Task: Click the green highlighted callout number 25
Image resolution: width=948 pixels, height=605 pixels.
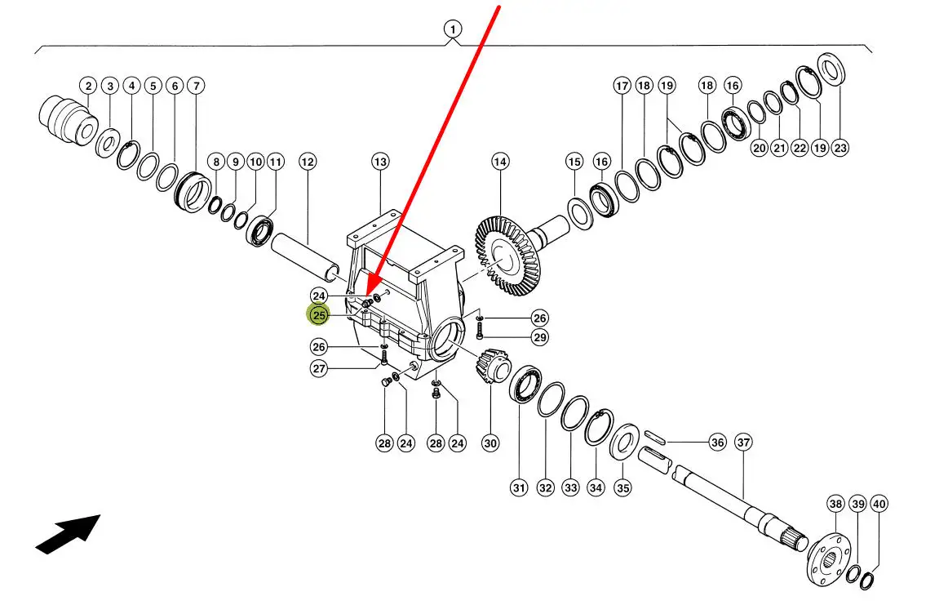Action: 318,315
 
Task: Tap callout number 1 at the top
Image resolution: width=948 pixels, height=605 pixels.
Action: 452,30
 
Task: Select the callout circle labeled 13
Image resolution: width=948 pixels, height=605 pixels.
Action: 381,162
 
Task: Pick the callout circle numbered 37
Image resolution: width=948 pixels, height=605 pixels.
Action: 743,443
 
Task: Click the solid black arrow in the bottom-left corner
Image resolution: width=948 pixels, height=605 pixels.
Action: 68,534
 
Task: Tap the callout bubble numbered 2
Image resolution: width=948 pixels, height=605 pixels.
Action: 88,86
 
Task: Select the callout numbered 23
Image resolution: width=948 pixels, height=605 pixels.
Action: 840,148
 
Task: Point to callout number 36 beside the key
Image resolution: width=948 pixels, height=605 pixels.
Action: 717,443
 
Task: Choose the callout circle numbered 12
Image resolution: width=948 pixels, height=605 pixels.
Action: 307,162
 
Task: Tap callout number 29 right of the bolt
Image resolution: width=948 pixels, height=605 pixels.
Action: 539,336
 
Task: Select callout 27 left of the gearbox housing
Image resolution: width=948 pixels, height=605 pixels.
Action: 318,368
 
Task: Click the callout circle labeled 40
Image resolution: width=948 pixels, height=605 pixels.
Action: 879,504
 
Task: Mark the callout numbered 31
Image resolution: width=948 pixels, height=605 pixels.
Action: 519,488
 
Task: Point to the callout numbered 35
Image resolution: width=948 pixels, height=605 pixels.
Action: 622,488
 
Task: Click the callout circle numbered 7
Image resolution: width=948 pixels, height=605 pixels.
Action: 195,86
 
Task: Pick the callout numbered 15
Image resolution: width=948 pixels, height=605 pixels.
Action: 574,162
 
